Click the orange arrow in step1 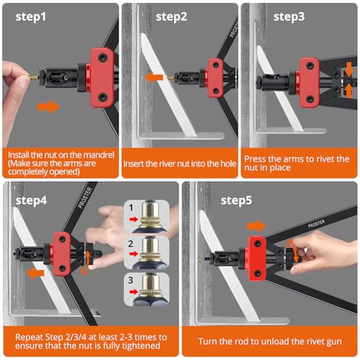[x=49, y=107]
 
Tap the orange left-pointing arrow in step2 [x=154, y=76]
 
